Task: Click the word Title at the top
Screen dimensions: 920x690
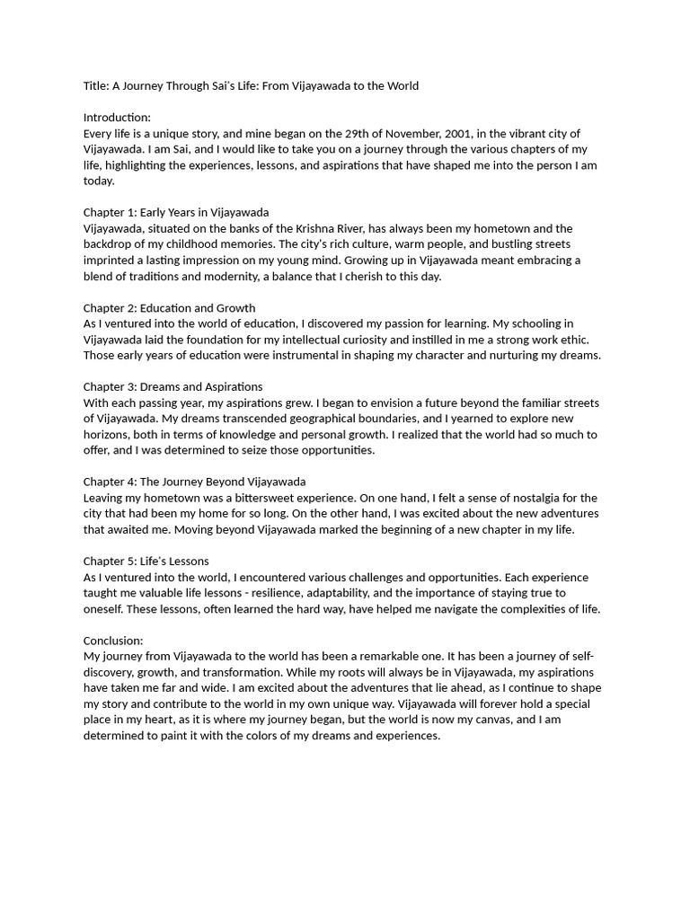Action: pyautogui.click(x=95, y=86)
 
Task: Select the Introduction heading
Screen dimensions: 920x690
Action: pyautogui.click(x=117, y=118)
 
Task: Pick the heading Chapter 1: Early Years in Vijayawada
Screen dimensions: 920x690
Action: pyautogui.click(x=176, y=213)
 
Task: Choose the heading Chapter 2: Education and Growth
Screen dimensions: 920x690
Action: pyautogui.click(x=169, y=308)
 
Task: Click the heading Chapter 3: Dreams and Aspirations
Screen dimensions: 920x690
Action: pyautogui.click(x=172, y=387)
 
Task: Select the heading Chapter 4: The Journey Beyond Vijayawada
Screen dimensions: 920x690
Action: pyautogui.click(x=194, y=482)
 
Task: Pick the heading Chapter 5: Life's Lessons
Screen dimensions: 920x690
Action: pyautogui.click(x=146, y=561)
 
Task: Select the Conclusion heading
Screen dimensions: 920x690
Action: pyautogui.click(x=113, y=641)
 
